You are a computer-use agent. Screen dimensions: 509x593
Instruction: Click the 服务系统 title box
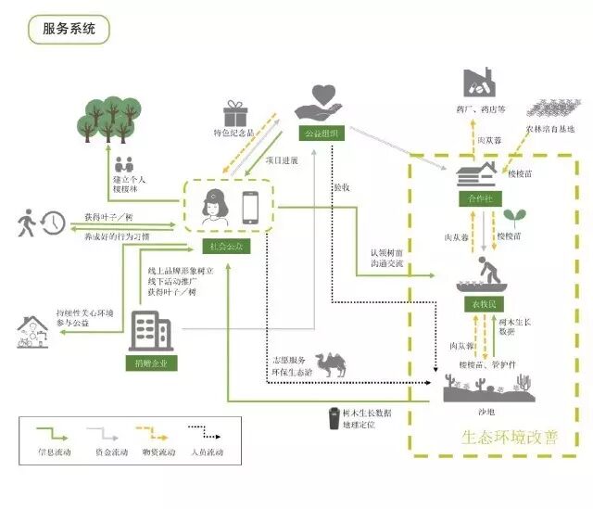[x=69, y=29]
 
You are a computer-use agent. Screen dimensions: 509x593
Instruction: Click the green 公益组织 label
[x=320, y=133]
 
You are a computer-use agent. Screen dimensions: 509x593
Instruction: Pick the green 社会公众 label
[x=225, y=246]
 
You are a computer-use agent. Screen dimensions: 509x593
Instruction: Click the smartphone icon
[x=251, y=205]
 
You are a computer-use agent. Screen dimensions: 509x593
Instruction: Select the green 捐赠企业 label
[x=149, y=362]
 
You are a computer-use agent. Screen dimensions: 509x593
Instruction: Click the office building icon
[x=149, y=329]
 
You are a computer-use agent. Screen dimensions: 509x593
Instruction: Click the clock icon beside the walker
[x=54, y=223]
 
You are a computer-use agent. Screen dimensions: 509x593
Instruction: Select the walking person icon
[x=26, y=223]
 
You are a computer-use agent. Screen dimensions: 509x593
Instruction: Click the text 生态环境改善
[x=510, y=436]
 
